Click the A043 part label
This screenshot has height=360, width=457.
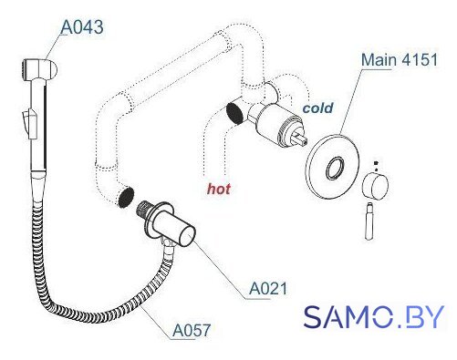(x=82, y=27)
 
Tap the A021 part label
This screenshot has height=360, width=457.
(x=268, y=288)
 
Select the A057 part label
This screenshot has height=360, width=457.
(x=192, y=330)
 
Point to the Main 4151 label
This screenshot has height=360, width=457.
(x=400, y=59)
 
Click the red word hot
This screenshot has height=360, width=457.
(x=219, y=189)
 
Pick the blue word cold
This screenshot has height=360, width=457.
(x=318, y=108)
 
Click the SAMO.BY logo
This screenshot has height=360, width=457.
(x=374, y=316)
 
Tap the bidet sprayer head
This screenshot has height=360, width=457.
(x=39, y=69)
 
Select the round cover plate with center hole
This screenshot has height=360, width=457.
(x=333, y=167)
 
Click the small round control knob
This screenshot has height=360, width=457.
(x=376, y=186)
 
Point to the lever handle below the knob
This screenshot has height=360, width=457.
(x=369, y=221)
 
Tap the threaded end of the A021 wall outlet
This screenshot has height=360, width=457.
(x=145, y=209)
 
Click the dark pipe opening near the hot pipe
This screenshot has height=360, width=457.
(x=234, y=113)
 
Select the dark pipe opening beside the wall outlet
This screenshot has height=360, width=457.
(x=126, y=197)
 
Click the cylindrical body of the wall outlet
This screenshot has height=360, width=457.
(x=174, y=225)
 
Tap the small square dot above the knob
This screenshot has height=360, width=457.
(x=376, y=163)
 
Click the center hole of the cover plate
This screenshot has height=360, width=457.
(x=335, y=168)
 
